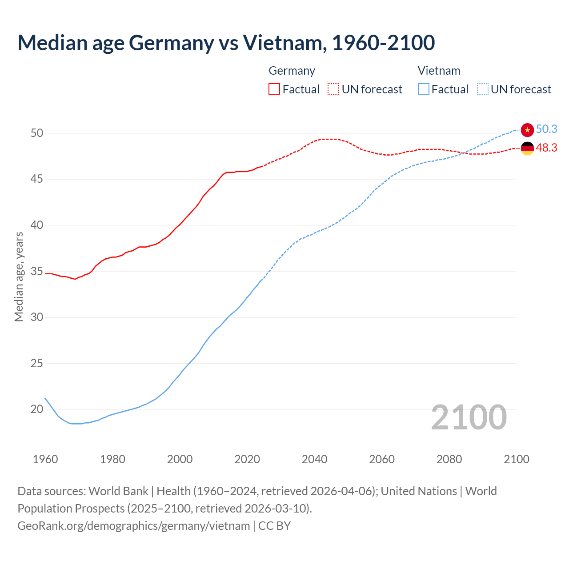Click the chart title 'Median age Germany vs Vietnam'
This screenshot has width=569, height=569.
pyautogui.click(x=226, y=43)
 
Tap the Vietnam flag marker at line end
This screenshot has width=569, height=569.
pyautogui.click(x=527, y=130)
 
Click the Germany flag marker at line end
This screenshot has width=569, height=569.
pyautogui.click(x=527, y=148)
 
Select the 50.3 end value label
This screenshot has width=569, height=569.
pyautogui.click(x=546, y=129)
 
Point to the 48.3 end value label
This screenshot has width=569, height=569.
pyautogui.click(x=546, y=148)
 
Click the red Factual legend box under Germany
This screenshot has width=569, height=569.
pyautogui.click(x=274, y=89)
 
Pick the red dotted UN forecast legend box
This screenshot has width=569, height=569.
pyautogui.click(x=333, y=89)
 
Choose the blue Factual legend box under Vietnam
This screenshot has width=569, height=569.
pyautogui.click(x=424, y=89)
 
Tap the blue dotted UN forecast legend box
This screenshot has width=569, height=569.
pyautogui.click(x=483, y=89)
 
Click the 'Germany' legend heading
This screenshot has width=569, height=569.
pyautogui.click(x=292, y=71)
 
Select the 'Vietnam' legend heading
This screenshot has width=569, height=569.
pyautogui.click(x=439, y=71)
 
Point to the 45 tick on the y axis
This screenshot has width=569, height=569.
pyautogui.click(x=37, y=179)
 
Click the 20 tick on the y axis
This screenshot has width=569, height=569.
pyautogui.click(x=37, y=409)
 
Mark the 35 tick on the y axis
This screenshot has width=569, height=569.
pyautogui.click(x=37, y=271)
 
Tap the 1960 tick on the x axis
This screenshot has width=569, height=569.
pyautogui.click(x=45, y=459)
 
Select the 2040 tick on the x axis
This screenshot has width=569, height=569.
pyautogui.click(x=314, y=459)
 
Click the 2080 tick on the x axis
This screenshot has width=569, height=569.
pyautogui.click(x=449, y=459)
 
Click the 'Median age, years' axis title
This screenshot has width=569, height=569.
pyautogui.click(x=19, y=276)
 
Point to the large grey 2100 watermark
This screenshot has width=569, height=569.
pyautogui.click(x=469, y=417)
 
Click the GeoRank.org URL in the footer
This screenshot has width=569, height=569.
pyautogui.click(x=133, y=526)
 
